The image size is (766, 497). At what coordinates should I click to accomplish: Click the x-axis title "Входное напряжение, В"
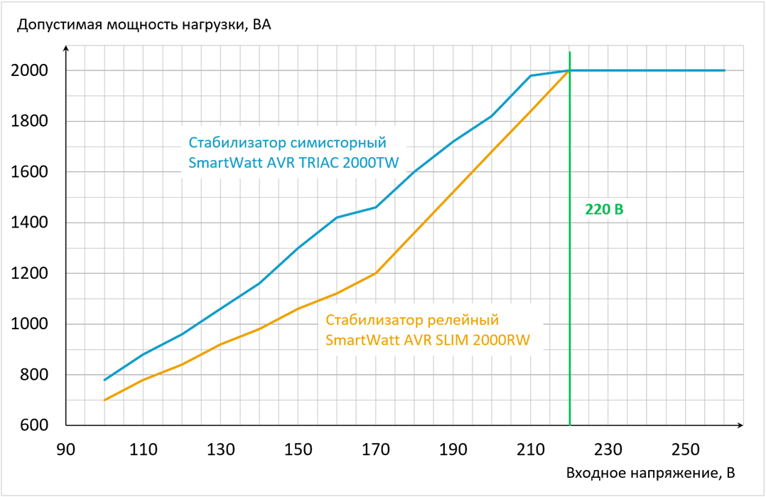(x=650, y=473)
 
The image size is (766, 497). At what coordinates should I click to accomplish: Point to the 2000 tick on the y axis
(x=29, y=70)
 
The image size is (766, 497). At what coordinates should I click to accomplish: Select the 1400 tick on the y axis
(x=29, y=223)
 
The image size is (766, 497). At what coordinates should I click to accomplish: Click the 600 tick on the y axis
(x=33, y=425)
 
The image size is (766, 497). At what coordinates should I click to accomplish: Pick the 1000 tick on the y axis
(x=29, y=324)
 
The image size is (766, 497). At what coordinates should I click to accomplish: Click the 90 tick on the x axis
(x=66, y=449)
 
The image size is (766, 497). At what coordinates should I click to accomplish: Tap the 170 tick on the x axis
(x=376, y=449)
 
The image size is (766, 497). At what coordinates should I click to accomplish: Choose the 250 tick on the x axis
(x=686, y=449)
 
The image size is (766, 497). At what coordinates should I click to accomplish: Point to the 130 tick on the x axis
(x=221, y=449)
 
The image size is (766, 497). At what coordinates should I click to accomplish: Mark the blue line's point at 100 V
(x=105, y=380)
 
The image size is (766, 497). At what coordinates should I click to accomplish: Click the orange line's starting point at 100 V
(x=105, y=400)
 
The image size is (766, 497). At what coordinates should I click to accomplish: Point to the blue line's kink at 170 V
(x=376, y=207)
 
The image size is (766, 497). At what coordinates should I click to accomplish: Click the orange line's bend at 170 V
(x=376, y=273)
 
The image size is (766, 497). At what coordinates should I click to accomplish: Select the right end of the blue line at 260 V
(x=724, y=70)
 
